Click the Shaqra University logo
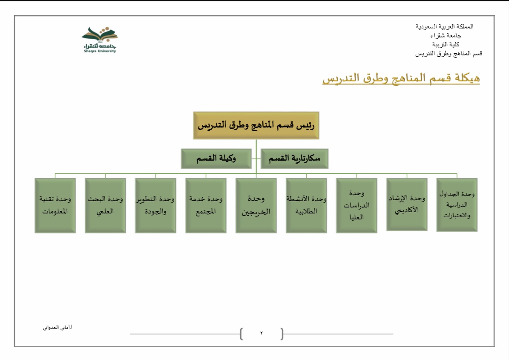pyautogui.click(x=100, y=40)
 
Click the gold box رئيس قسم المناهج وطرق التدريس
pyautogui.click(x=256, y=126)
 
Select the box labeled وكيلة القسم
pyautogui.click(x=216, y=159)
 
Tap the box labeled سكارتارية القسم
pyautogui.click(x=294, y=159)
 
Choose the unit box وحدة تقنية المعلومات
pyautogui.click(x=55, y=205)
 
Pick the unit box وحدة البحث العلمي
pyautogui.click(x=106, y=205)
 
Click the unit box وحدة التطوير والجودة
pyautogui.click(x=155, y=205)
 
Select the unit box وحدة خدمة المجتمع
pyautogui.click(x=206, y=205)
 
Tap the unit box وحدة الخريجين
pyautogui.click(x=256, y=205)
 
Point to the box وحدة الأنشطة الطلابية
pyautogui.click(x=306, y=205)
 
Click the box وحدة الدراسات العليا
pyautogui.click(x=357, y=205)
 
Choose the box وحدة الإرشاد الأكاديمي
pyautogui.click(x=407, y=204)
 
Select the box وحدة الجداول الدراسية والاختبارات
pyautogui.click(x=457, y=205)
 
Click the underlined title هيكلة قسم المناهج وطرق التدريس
pyautogui.click(x=401, y=78)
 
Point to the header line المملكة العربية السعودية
pyautogui.click(x=444, y=26)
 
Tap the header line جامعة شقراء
pyautogui.click(x=446, y=35)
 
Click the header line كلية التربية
pyautogui.click(x=446, y=44)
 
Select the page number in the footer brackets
pyautogui.click(x=262, y=334)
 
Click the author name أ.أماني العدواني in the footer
pyautogui.click(x=58, y=328)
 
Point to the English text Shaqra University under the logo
pyautogui.click(x=100, y=51)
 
